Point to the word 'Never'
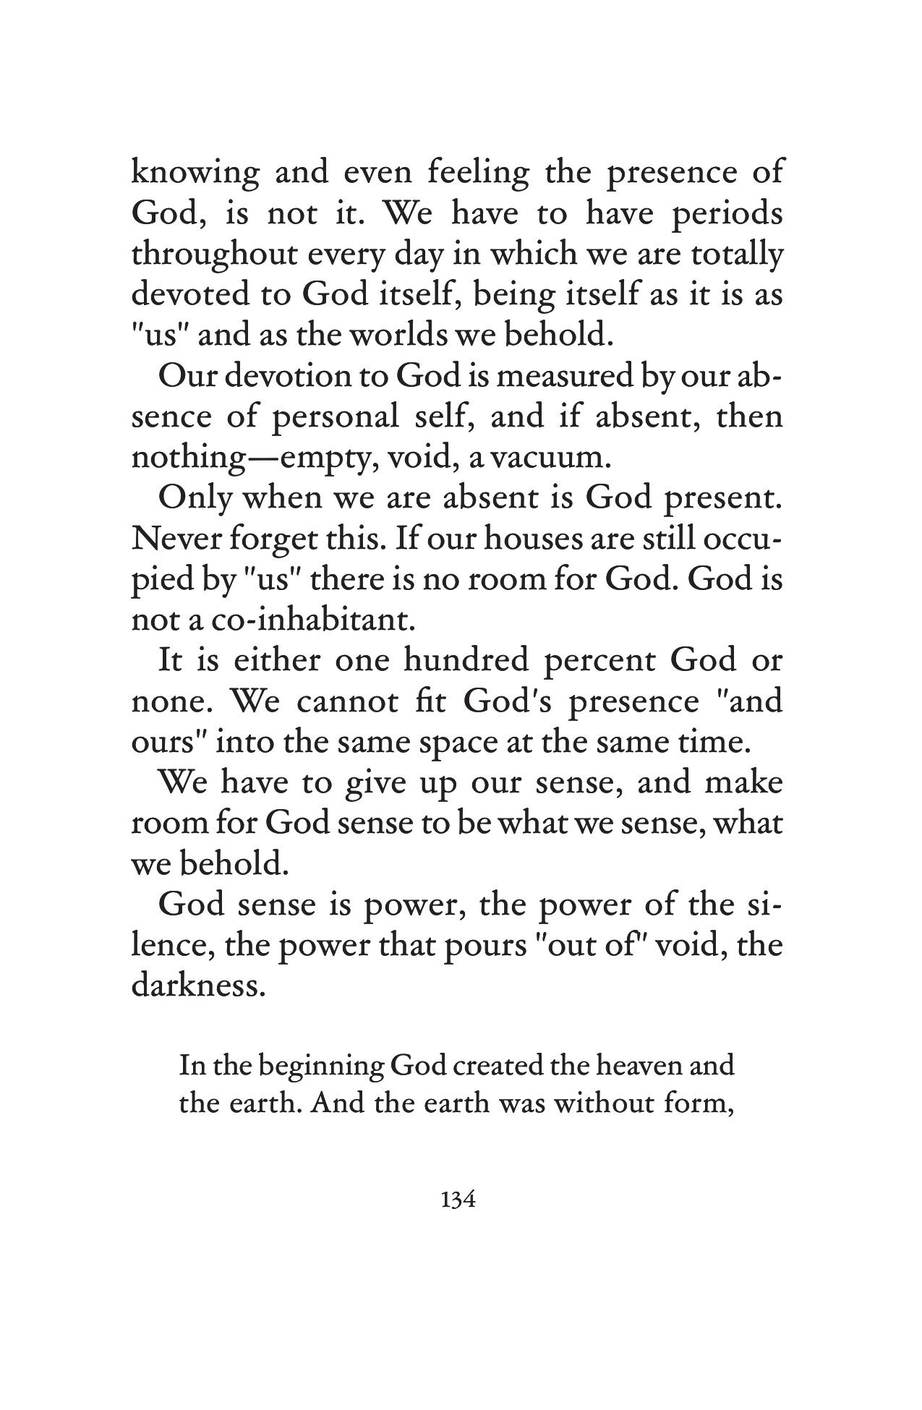(x=173, y=540)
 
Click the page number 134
(x=456, y=1201)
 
